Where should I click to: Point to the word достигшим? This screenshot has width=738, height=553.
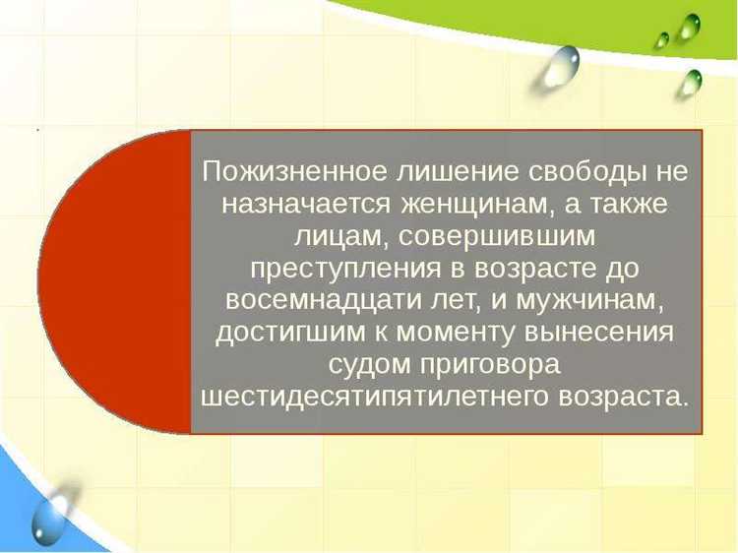(x=285, y=332)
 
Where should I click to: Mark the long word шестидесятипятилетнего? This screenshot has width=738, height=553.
(x=367, y=395)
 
